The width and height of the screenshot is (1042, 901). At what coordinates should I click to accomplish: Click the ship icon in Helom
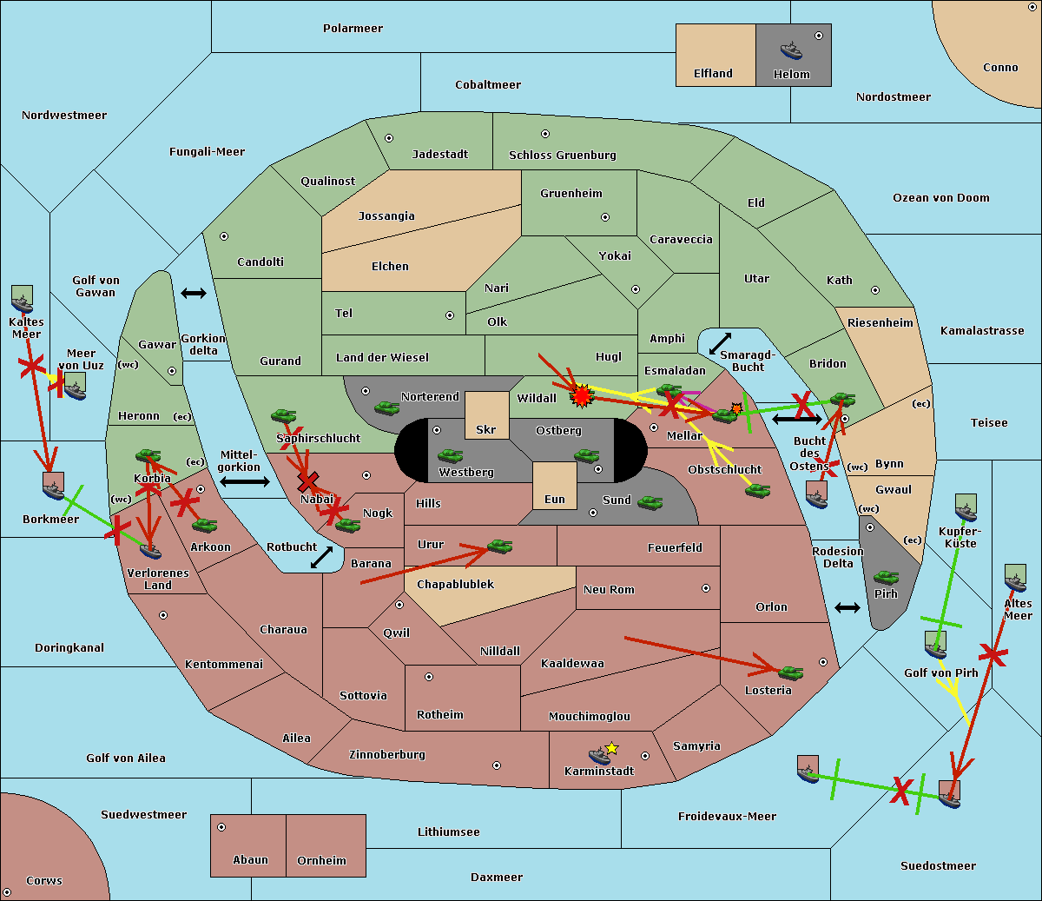click(x=791, y=51)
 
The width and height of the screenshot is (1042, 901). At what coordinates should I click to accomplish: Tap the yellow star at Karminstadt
click(x=611, y=748)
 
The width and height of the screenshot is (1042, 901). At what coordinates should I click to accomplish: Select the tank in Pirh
click(x=886, y=577)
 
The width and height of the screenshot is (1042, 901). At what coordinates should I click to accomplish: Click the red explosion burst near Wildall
click(x=582, y=396)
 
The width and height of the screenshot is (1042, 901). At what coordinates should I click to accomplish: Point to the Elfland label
click(x=713, y=74)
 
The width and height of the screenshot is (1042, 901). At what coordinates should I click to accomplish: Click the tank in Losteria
click(x=790, y=672)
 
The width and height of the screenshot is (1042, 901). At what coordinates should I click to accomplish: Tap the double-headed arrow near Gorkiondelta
click(x=194, y=293)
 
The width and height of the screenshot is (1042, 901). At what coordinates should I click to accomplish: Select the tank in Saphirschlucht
click(x=283, y=415)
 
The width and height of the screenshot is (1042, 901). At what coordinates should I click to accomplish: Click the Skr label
click(x=486, y=429)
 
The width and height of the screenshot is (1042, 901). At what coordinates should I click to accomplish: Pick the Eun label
click(x=555, y=500)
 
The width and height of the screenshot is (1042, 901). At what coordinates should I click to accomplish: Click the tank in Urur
click(x=499, y=547)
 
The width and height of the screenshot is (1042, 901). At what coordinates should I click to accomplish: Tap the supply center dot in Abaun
click(x=221, y=827)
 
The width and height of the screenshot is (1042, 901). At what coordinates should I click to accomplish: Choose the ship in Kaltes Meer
click(x=23, y=304)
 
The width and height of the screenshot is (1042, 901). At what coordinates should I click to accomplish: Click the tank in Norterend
click(x=386, y=407)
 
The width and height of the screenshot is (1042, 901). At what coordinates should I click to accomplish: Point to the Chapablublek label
click(x=455, y=584)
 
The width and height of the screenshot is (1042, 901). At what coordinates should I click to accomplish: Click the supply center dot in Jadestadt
click(x=389, y=138)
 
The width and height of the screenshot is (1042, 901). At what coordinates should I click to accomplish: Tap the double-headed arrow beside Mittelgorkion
click(x=245, y=481)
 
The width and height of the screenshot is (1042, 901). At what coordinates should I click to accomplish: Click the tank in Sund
click(x=650, y=502)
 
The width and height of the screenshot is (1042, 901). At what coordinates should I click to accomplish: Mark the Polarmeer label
click(x=353, y=29)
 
